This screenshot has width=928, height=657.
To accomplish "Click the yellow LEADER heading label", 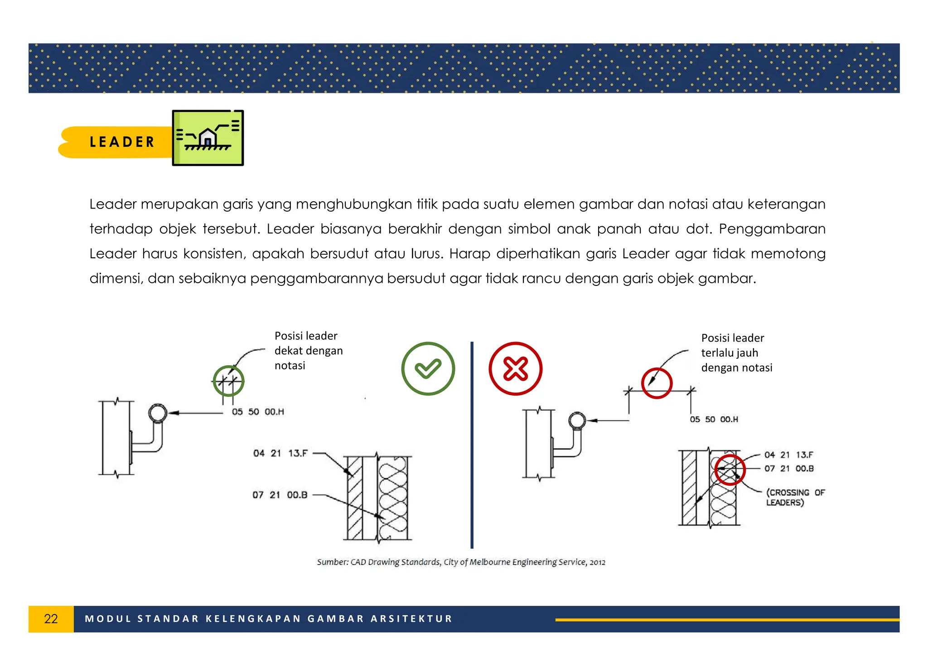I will click(x=121, y=142).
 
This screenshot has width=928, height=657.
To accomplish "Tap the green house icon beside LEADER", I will click(x=208, y=138).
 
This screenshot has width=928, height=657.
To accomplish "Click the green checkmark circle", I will click(x=428, y=368).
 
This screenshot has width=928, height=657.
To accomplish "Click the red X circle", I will click(x=515, y=368).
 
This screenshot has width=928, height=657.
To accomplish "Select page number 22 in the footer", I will click(x=51, y=619).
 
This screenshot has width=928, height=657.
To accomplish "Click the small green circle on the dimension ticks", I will click(x=228, y=381).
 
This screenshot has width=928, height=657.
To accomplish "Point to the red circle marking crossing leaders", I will click(x=730, y=470).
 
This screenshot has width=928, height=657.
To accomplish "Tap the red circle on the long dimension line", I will click(x=657, y=383).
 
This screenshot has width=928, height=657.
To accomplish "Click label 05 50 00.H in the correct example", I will click(x=258, y=412).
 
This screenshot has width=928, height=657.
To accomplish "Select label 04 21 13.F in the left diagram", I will click(x=280, y=453).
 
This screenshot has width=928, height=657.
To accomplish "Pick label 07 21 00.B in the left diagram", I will click(x=280, y=495).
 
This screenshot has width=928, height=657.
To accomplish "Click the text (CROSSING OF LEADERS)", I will click(x=795, y=497).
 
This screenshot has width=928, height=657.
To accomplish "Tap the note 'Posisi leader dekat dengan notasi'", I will click(x=308, y=350).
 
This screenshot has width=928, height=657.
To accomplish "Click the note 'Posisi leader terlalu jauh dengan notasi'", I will click(x=736, y=353).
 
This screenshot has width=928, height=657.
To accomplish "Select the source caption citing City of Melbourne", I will click(x=461, y=562).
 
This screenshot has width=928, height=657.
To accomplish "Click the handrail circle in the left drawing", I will click(x=158, y=413).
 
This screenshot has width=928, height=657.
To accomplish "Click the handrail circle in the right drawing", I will click(x=577, y=420).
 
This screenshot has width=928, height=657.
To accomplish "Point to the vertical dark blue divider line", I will click(x=472, y=444).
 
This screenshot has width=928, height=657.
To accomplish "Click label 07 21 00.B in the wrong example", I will click(x=788, y=469).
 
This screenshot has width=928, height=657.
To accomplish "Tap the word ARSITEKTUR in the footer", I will click(x=411, y=619).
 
